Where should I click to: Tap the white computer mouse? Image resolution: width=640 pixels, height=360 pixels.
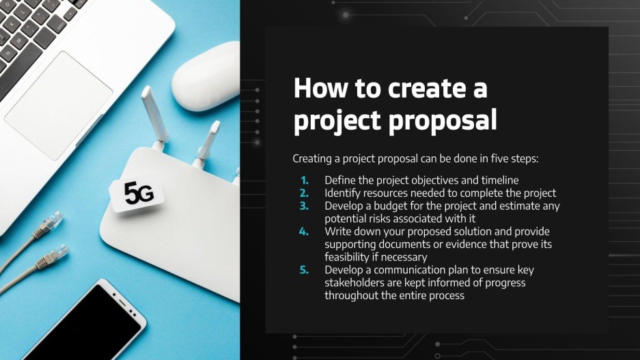click(x=206, y=76)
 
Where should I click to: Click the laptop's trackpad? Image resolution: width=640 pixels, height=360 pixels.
click(x=68, y=96)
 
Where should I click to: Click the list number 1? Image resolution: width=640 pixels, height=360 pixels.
click(x=305, y=180)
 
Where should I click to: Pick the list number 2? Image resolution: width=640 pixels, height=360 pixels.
click(x=305, y=193)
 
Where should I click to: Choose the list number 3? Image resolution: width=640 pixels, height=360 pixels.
click(x=305, y=206)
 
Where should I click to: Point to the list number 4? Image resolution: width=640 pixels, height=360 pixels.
click(x=305, y=232)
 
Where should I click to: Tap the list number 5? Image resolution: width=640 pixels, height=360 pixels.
click(x=305, y=270)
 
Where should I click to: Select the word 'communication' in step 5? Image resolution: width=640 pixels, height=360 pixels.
click(x=416, y=270)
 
